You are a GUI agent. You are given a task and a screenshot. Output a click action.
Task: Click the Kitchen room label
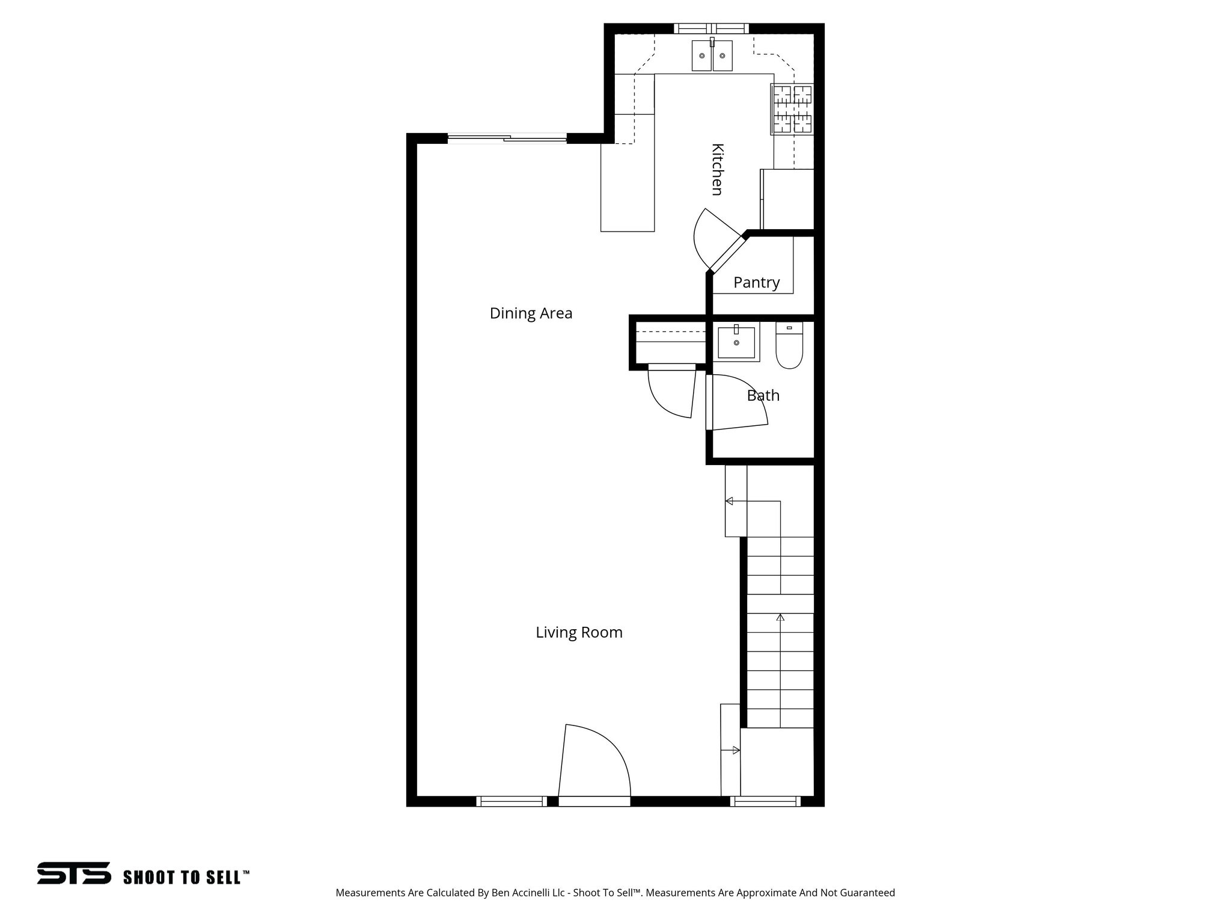[716, 169]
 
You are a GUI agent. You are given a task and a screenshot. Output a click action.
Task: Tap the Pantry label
[756, 282]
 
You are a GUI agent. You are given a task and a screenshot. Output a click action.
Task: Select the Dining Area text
[531, 313]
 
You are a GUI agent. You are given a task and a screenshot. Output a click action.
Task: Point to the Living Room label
[579, 632]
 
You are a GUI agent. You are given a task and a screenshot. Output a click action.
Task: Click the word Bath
[763, 395]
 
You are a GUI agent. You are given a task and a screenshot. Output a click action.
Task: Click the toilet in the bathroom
[789, 346]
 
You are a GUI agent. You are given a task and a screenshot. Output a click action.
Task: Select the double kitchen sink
[712, 55]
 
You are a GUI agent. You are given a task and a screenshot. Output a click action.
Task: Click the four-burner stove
[792, 109]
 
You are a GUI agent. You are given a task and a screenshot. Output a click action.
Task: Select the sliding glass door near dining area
[507, 139]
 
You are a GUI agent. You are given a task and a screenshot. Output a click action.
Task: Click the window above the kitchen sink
[711, 28]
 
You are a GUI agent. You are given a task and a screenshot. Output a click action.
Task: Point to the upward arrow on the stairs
[780, 617]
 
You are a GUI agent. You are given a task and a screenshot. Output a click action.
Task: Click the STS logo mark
[74, 873]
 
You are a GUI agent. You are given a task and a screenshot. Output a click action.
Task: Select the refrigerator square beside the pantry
[787, 199]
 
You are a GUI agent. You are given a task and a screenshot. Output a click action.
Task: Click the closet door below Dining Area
[671, 391]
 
